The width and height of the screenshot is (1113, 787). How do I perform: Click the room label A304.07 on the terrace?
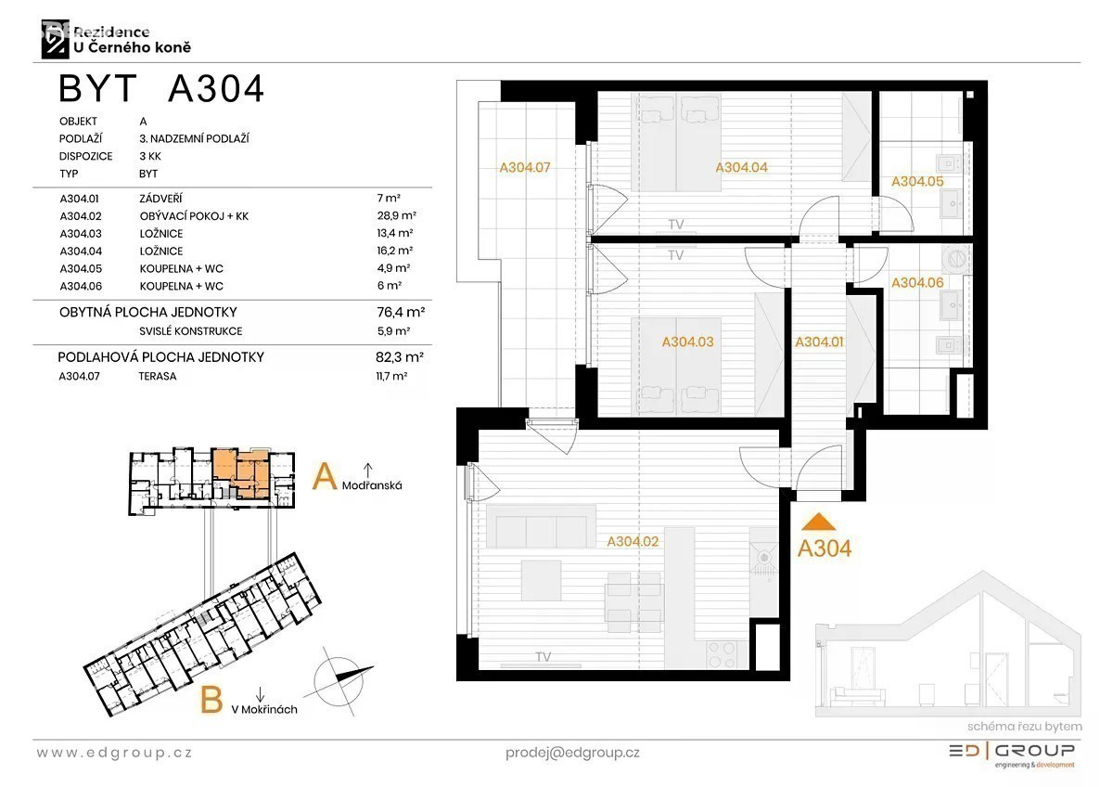click(x=525, y=168)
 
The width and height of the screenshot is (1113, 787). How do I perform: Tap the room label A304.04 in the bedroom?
click(x=741, y=168)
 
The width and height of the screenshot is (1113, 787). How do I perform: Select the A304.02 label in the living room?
click(x=633, y=541)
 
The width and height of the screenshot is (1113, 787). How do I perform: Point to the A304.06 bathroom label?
click(x=917, y=283)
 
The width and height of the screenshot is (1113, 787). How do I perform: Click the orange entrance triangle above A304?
click(x=818, y=522)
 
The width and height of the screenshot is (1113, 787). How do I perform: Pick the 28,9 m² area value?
click(x=396, y=215)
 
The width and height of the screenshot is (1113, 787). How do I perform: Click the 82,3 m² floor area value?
click(x=400, y=357)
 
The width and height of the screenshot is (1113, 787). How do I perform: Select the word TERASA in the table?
click(x=158, y=377)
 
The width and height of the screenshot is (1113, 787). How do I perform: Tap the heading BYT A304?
click(x=161, y=89)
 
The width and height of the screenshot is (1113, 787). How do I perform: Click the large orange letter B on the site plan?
click(x=211, y=700)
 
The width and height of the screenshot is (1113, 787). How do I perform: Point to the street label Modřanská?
click(x=372, y=485)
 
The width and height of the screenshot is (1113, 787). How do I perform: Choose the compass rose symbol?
click(x=339, y=681)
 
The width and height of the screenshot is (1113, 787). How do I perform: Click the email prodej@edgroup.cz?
click(x=572, y=754)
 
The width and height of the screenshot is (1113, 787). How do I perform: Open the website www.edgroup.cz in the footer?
click(x=114, y=754)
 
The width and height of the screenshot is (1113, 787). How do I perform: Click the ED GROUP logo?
click(x=1012, y=755)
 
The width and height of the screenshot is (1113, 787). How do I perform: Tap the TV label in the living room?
click(x=544, y=657)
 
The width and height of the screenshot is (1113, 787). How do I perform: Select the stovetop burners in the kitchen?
click(x=722, y=655)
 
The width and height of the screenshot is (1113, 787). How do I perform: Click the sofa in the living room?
click(x=541, y=526)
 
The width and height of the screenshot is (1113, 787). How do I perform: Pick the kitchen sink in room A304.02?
click(x=762, y=556)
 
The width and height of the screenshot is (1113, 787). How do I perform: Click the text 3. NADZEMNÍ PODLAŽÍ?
click(x=194, y=138)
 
